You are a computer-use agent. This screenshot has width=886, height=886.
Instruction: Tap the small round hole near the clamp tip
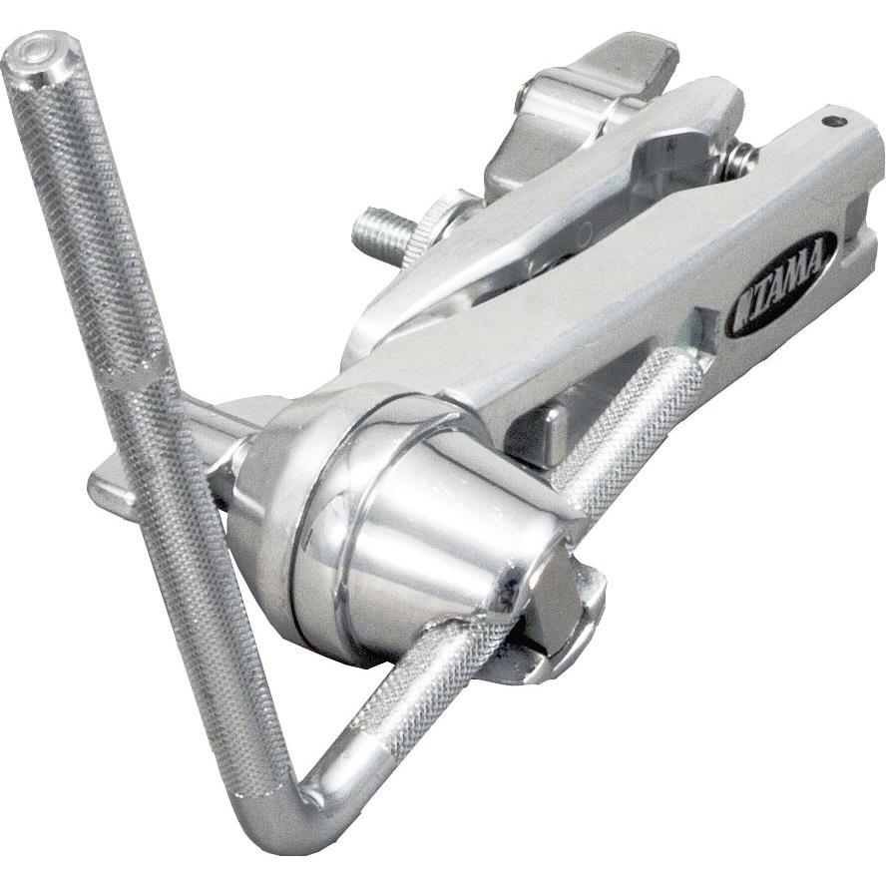tap(828, 121)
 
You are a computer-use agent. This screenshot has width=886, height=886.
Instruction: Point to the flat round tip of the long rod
tap(40, 53)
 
